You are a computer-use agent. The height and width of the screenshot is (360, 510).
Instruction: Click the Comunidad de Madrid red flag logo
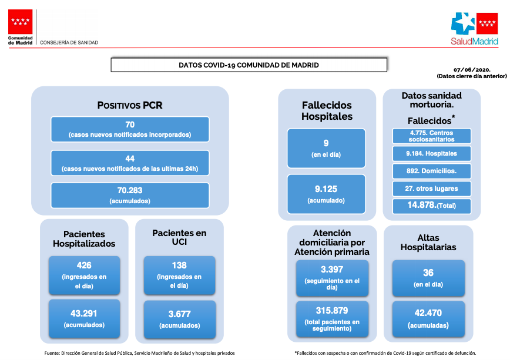point(20,22)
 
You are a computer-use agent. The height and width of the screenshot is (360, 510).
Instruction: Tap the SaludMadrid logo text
point(474,41)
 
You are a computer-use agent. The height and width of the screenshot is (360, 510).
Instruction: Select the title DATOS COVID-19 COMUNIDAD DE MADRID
point(249,65)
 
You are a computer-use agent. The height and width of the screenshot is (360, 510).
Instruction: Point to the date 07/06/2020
point(472,70)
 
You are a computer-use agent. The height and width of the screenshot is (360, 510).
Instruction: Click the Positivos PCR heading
point(130,105)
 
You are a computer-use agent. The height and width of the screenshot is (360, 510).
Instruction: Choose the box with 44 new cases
point(130,163)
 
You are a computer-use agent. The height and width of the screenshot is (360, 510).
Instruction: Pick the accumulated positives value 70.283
point(130,190)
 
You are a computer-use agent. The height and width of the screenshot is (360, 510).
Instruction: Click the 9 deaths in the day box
point(326,149)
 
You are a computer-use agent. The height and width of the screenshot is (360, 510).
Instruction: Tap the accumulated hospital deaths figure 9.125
point(326,189)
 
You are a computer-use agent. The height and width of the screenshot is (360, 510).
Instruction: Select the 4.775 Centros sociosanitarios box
point(432,136)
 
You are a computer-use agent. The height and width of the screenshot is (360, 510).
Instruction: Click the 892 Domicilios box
point(432,171)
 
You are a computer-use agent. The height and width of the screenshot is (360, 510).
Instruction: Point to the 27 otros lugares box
point(432,189)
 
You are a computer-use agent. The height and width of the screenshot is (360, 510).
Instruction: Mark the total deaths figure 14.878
point(421,205)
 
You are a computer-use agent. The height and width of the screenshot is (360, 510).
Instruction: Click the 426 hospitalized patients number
point(84,265)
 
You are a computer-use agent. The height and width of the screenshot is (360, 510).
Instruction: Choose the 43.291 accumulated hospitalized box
point(84,319)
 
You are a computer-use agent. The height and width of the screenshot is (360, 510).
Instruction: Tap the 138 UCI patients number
point(179,265)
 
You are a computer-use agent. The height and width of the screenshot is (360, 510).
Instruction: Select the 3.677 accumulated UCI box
point(180,319)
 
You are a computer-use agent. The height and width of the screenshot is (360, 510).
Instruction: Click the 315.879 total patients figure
point(332,311)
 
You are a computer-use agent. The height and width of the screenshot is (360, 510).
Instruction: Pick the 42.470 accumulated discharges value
point(428,313)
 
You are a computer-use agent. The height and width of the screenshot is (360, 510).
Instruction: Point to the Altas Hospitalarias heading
point(428,243)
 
